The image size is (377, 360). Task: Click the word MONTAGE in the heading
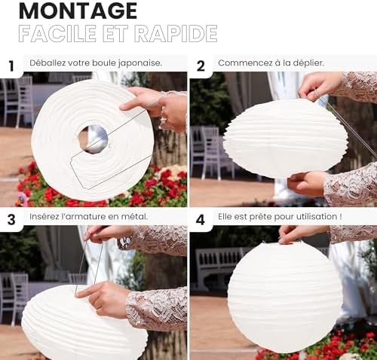click(x=78, y=11)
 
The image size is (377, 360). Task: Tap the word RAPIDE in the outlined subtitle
click(x=176, y=33)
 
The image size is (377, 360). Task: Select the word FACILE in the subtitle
click(x=57, y=33)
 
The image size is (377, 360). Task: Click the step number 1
click(x=11, y=66)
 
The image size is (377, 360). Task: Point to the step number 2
click(x=201, y=66)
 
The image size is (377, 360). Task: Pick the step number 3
click(x=11, y=219)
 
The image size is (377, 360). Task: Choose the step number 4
click(x=201, y=220)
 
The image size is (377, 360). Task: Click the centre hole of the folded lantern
click(x=93, y=139)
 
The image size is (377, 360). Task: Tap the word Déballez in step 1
click(x=48, y=63)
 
